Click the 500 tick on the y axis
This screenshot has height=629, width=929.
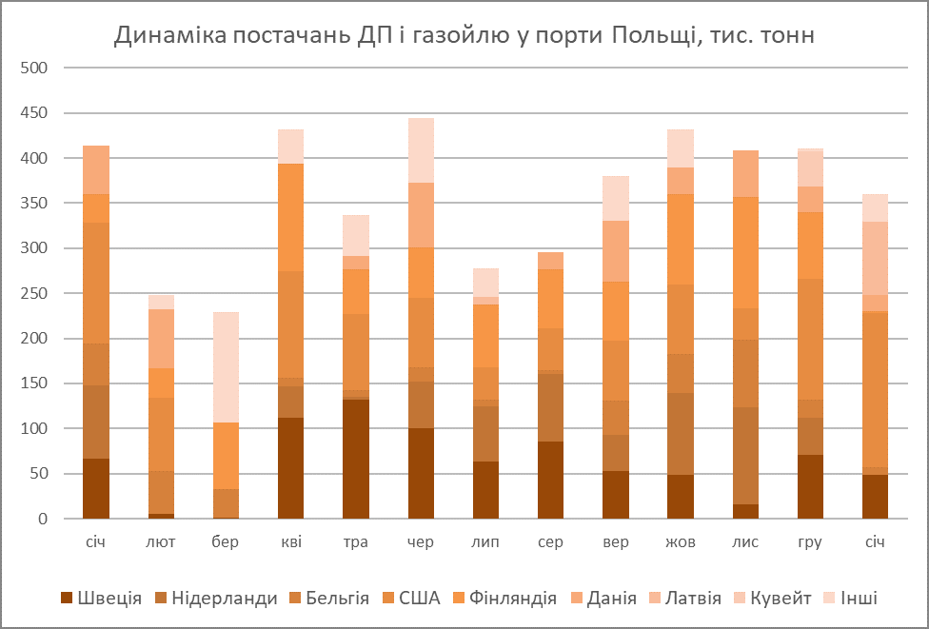pyautogui.click(x=35, y=69)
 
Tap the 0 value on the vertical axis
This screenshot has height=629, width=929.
pyautogui.click(x=43, y=520)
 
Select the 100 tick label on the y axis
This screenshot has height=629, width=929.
pyautogui.click(x=35, y=429)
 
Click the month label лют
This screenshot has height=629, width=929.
pyautogui.click(x=161, y=542)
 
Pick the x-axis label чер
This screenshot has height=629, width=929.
pyautogui.click(x=421, y=542)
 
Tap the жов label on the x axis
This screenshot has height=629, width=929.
pyautogui.click(x=680, y=542)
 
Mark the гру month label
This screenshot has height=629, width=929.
pyautogui.click(x=810, y=542)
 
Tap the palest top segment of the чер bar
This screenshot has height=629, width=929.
pyautogui.click(x=421, y=150)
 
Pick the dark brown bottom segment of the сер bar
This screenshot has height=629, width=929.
pyautogui.click(x=550, y=480)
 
